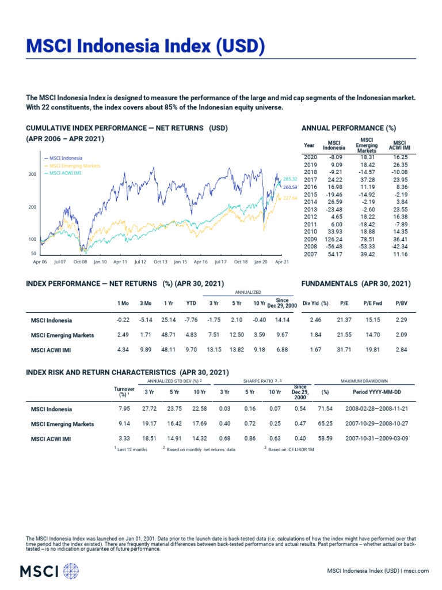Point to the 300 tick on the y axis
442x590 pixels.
click(32, 174)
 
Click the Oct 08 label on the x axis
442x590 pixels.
click(80, 261)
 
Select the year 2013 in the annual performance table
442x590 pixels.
click(310, 210)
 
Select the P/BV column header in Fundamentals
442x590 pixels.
click(401, 302)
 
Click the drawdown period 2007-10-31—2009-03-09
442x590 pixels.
click(376, 438)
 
